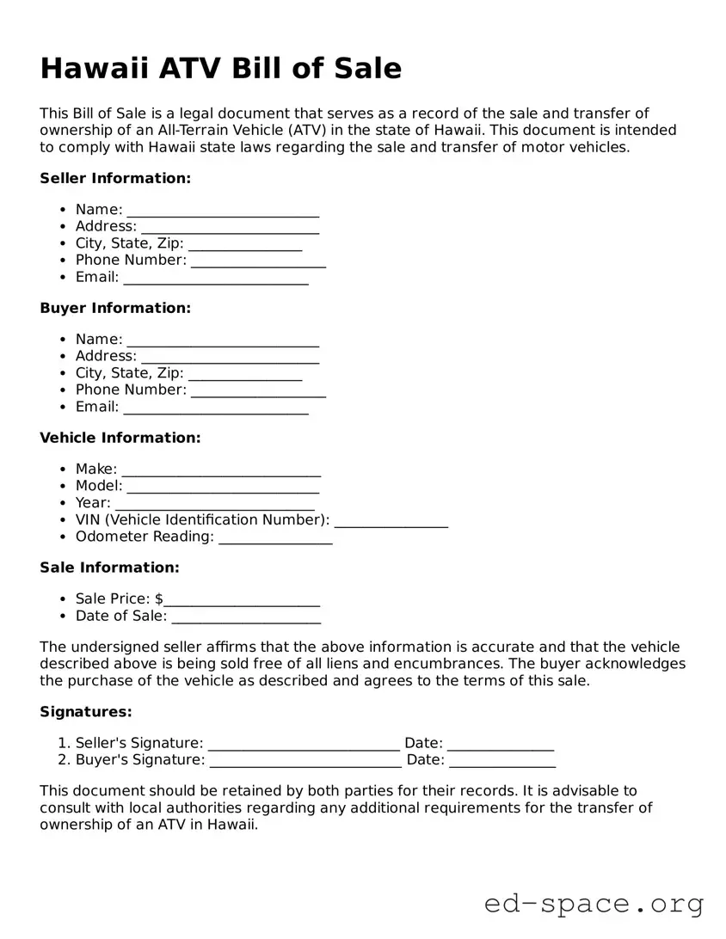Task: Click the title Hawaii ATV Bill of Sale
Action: coord(220,69)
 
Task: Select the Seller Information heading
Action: coord(115,178)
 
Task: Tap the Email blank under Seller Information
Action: coord(216,278)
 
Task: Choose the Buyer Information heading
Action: coord(115,308)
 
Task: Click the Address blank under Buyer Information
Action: coord(230,356)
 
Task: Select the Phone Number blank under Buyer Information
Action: coord(258,390)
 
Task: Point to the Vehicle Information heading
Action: coord(120,438)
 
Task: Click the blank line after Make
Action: coord(221,470)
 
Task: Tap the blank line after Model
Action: coord(223,487)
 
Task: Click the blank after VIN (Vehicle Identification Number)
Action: coord(391,520)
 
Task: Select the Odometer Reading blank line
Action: coord(275,537)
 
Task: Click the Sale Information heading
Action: coord(109,568)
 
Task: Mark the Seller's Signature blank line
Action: coord(304,744)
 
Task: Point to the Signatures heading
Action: coord(86,712)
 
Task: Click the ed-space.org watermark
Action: coord(594,904)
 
